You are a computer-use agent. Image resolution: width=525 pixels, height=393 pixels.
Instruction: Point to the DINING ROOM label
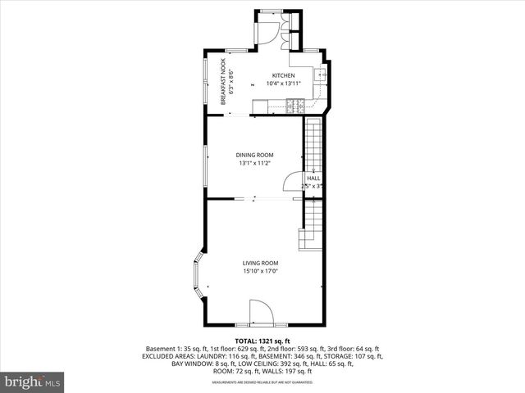tap(254, 155)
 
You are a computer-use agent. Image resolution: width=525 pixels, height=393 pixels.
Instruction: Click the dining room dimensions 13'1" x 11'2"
tap(254, 163)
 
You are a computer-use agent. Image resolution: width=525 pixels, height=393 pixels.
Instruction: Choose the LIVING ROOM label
tap(260, 263)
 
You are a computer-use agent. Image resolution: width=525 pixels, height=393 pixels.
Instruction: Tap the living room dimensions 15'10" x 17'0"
tap(260, 271)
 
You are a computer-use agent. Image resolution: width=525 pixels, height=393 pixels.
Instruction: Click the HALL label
tap(313, 178)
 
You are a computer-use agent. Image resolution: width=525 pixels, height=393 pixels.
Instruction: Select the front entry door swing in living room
tap(261, 312)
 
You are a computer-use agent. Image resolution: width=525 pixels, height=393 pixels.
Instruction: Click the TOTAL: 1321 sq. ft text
tap(262, 341)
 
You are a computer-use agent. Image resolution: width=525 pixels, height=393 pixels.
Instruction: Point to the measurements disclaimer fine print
tap(262, 382)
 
